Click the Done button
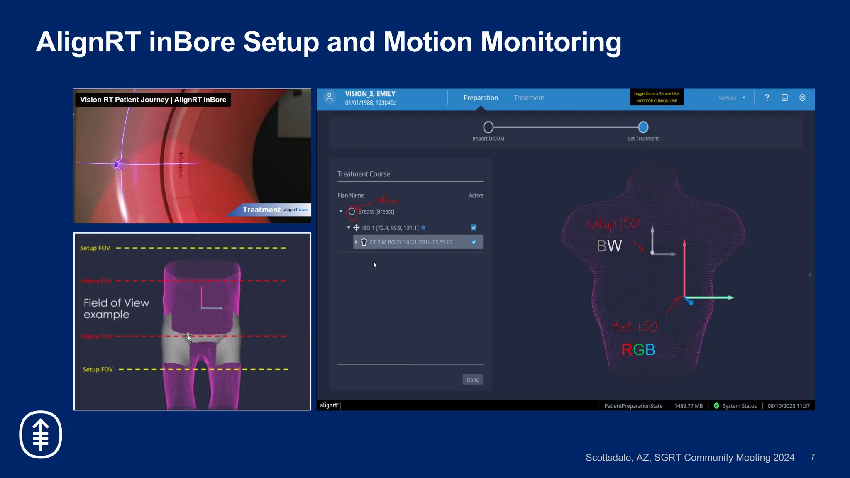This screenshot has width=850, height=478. click(x=472, y=380)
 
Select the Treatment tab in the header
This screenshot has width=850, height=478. click(x=529, y=98)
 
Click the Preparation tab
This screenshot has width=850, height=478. click(x=481, y=98)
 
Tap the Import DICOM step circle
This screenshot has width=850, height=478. click(x=489, y=127)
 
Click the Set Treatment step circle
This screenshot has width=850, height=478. click(x=643, y=127)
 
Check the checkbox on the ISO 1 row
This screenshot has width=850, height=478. click(x=474, y=228)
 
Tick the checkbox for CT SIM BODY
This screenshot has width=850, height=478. click(x=474, y=242)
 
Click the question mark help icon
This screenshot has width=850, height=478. click(x=767, y=98)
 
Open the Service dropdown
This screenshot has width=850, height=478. click(x=732, y=98)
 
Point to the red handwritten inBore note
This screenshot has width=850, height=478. click(x=387, y=200)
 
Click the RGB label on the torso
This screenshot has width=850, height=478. click(x=638, y=350)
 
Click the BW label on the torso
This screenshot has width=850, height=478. click(x=609, y=246)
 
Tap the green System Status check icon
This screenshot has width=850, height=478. click(x=716, y=406)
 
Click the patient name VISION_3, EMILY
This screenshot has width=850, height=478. click(x=370, y=94)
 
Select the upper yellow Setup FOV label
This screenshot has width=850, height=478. click(x=95, y=248)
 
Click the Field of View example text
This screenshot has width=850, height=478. click(x=116, y=309)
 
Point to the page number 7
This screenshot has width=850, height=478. click(x=812, y=457)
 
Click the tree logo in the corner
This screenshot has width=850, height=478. click(x=41, y=434)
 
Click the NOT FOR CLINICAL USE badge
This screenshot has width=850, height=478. click(x=657, y=98)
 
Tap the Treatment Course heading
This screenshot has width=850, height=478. click(x=364, y=174)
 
